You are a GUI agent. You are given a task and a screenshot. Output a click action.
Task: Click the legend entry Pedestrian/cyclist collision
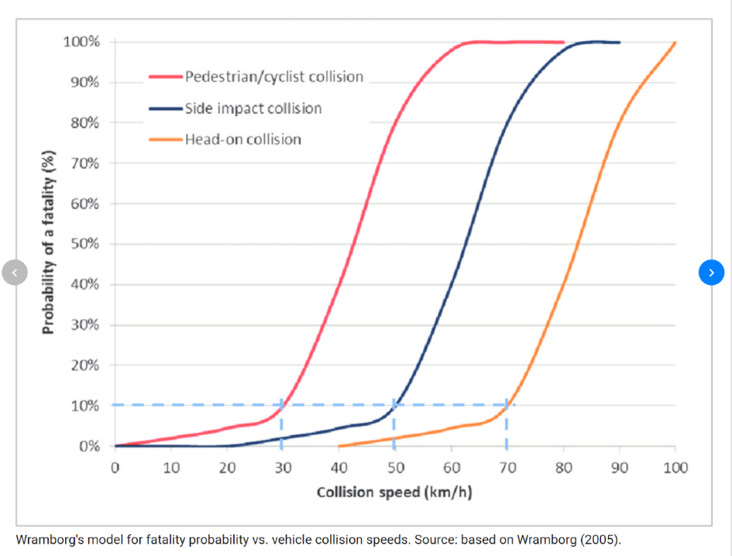273,77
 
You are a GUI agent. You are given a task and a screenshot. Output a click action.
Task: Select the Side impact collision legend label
253,108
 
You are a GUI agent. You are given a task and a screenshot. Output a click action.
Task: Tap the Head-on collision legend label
242,139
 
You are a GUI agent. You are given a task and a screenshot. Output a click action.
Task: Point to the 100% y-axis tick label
81,42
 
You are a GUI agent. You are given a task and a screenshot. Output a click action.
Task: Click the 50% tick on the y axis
85,244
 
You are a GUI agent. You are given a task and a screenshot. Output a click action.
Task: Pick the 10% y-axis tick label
85,406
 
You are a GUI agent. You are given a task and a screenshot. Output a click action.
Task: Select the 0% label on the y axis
88,446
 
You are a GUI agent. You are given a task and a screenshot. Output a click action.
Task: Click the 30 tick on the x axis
283,468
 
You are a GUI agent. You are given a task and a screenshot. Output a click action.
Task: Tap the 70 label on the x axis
507,468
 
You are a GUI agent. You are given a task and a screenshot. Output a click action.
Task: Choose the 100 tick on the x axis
675,468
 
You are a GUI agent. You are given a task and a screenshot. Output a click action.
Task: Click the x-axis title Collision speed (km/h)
394,493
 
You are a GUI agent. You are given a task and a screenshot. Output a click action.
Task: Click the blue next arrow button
711,272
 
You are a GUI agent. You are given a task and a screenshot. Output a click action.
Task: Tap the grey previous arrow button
15,272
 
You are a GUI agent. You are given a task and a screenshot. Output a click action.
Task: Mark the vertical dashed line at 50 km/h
394,426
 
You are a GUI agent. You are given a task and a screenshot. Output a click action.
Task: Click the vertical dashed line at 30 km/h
281,426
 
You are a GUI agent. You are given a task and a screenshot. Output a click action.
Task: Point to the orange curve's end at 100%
675,43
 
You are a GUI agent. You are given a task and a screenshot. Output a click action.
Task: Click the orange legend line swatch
166,139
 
